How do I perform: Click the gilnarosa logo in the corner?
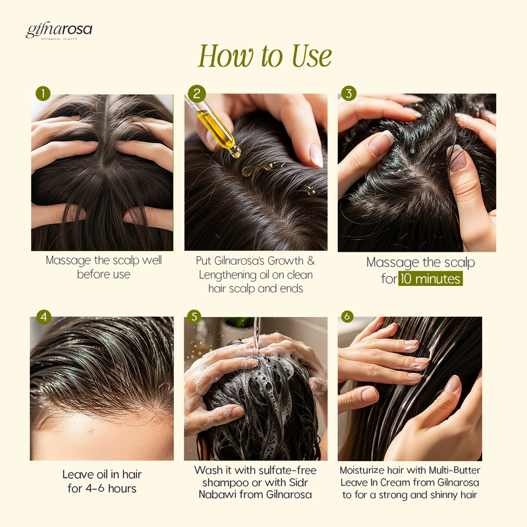point(59,31)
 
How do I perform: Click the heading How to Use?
point(265,56)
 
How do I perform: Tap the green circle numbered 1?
point(43,94)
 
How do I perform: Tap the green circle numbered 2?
point(197,94)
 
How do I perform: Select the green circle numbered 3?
point(349,93)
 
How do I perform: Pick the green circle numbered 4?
point(43,317)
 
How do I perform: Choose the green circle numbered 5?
point(194,317)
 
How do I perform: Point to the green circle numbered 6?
point(348,316)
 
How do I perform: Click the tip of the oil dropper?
point(236,153)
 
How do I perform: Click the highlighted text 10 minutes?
point(431,279)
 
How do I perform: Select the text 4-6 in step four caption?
point(95,488)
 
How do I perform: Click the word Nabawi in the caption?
point(217,495)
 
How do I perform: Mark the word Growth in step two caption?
point(285,261)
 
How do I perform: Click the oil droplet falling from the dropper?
point(248,172)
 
